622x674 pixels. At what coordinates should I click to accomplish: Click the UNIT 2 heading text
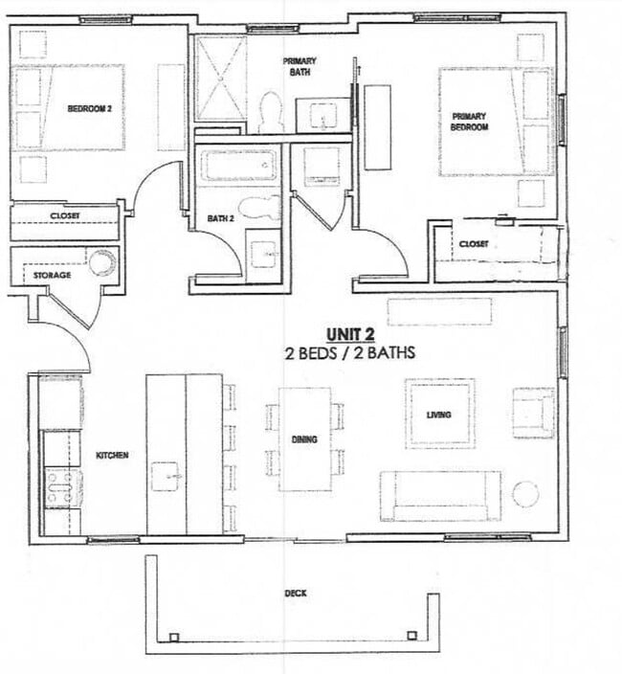pos(348,333)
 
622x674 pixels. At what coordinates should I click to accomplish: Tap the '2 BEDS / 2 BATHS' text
pos(349,352)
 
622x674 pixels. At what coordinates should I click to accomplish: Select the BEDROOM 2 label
pos(90,109)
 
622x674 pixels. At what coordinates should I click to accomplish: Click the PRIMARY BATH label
pos(299,66)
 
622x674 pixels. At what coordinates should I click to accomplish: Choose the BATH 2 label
pos(221,219)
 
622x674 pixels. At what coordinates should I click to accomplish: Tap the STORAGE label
pos(53,276)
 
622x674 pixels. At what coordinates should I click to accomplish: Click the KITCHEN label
pos(112,455)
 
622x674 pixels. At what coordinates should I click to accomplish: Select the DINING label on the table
pos(304,439)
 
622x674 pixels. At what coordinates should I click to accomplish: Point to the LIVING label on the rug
pos(439,415)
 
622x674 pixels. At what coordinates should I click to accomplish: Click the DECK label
pos(296,594)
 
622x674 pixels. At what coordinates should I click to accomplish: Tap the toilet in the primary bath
pos(271,112)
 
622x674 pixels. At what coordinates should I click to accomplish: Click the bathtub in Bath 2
pos(238,166)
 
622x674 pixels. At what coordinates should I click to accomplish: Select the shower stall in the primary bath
pos(221,78)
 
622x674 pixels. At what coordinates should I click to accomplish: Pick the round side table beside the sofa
pos(525,494)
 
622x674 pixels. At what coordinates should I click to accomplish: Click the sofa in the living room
pos(440,495)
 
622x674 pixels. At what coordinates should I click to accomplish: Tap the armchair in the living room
pos(533,413)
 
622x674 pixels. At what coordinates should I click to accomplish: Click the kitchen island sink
pos(165,475)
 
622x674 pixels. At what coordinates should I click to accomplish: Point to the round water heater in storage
pos(101,261)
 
